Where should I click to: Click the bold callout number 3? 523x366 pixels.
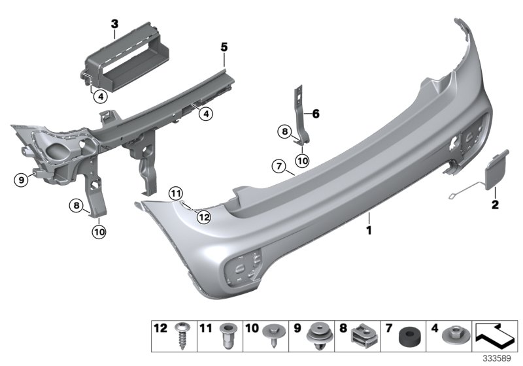[x=114, y=25]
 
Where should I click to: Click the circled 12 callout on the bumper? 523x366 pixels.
[x=204, y=216]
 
